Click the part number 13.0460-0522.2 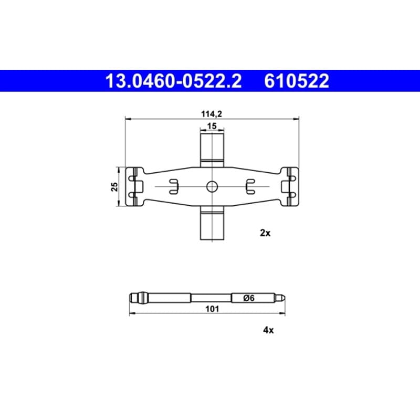click(174, 81)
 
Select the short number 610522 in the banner click(297, 81)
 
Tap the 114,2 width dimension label click(212, 114)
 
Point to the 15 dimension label click(212, 125)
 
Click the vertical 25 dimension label click(114, 186)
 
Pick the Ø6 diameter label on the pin click(249, 298)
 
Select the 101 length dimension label click(212, 309)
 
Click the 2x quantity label click(265, 233)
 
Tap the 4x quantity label click(268, 330)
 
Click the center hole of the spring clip click(212, 186)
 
